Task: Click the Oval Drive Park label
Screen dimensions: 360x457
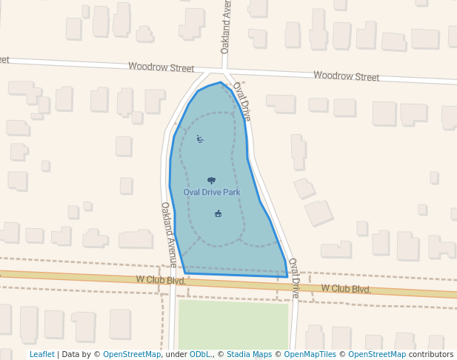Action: point(212,193)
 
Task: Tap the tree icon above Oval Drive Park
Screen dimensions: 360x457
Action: point(212,180)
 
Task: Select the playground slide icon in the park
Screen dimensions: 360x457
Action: point(200,139)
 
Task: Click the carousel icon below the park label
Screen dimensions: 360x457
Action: point(218,214)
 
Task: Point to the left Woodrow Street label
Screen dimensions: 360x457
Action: point(161,67)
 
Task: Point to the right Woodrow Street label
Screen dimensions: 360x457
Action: point(346,76)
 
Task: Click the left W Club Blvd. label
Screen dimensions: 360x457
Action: point(161,280)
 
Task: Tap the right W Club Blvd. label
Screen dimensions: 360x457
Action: point(346,288)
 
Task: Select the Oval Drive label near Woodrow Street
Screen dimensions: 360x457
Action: point(242,101)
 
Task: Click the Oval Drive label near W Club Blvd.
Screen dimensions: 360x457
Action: point(293,278)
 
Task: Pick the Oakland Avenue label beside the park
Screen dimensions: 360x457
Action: point(169,234)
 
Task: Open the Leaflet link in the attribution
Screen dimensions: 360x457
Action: point(41,354)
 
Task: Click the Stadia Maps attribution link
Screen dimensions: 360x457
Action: point(250,354)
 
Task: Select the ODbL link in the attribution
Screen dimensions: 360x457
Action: point(200,354)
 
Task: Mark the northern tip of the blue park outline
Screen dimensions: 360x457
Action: point(221,82)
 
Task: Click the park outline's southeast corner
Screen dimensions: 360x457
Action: point(287,277)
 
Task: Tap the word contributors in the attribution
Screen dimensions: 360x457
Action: point(431,354)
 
